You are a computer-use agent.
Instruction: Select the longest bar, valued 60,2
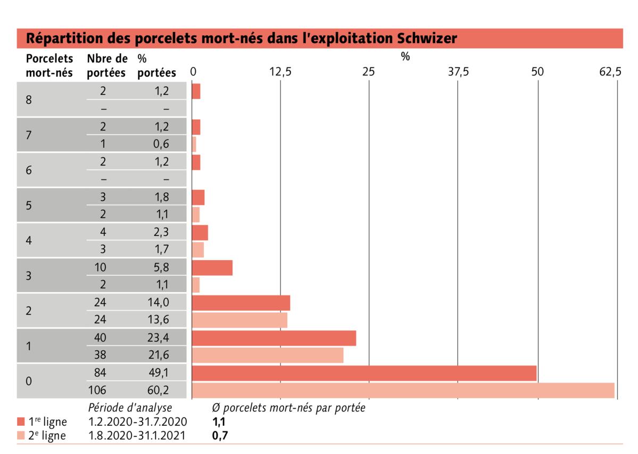(403, 390)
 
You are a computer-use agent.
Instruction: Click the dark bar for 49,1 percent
(364, 373)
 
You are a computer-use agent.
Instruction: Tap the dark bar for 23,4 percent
(274, 338)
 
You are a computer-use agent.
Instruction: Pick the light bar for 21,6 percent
(267, 355)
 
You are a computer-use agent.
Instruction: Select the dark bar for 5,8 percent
(212, 268)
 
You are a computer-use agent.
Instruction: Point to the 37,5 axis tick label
(458, 72)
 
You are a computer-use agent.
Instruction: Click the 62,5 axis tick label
(610, 72)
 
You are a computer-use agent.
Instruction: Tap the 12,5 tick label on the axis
(280, 72)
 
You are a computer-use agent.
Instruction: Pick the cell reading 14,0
(159, 302)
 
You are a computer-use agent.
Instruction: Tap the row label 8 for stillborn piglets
(29, 100)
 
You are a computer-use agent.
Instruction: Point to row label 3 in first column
(29, 276)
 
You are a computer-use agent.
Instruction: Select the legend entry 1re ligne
(48, 422)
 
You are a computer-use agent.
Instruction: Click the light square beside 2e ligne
(21, 436)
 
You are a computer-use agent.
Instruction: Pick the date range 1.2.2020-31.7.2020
(137, 422)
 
